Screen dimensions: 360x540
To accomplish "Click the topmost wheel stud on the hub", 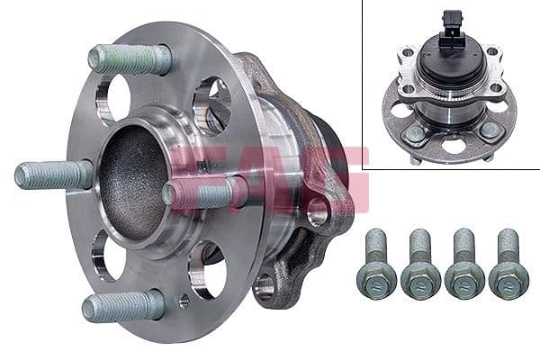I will pyautogui.click(x=130, y=59).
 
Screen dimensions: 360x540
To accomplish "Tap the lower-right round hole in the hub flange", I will pyautogui.click(x=205, y=268).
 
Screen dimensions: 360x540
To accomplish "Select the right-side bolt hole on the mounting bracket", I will pyautogui.click(x=317, y=212).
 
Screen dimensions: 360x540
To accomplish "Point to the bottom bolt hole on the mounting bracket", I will pyautogui.click(x=264, y=287).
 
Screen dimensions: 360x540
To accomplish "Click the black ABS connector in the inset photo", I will pyautogui.click(x=453, y=28).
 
